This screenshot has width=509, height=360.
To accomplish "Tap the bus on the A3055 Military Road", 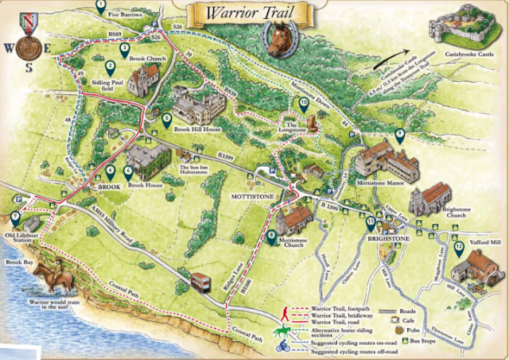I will click(x=201, y=282).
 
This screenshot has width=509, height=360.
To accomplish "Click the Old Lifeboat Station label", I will click(x=23, y=237).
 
